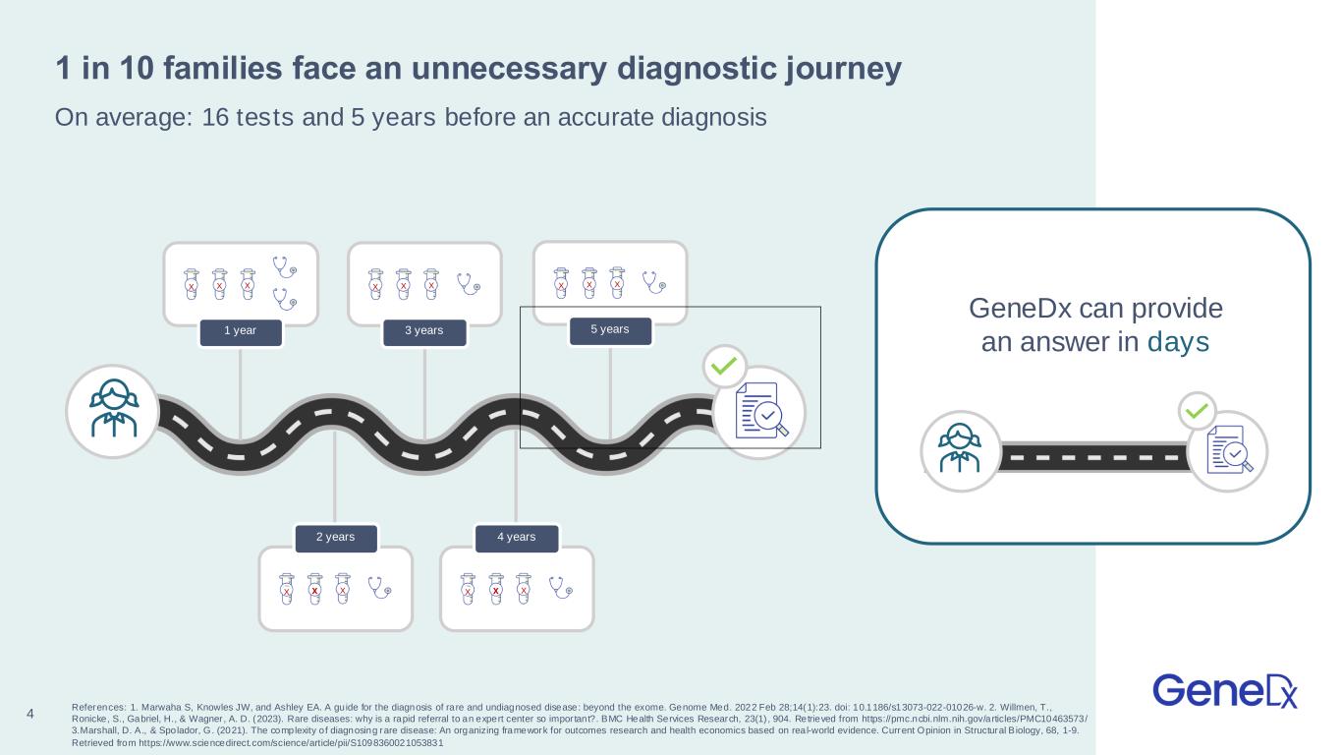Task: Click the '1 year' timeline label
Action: pos(241,331)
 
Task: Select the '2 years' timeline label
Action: pos(336,537)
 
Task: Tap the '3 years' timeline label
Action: pos(424,331)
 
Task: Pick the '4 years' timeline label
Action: pos(517,537)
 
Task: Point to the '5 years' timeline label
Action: pos(610,329)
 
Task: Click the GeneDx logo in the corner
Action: pos(1225,690)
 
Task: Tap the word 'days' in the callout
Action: pos(1179,344)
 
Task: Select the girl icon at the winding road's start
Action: pos(113,411)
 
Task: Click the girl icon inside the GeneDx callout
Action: pos(960,450)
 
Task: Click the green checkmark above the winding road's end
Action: pos(724,367)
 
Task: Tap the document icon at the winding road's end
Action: pos(759,412)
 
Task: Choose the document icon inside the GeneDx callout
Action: pos(1228,451)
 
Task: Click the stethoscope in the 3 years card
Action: pos(471,283)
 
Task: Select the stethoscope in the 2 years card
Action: pos(379,587)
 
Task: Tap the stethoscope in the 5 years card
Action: pos(654,282)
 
